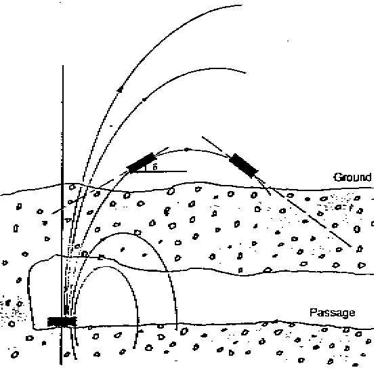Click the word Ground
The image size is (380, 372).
coord(353,178)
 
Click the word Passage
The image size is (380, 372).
coord(333,312)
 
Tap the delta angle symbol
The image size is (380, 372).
coord(155,167)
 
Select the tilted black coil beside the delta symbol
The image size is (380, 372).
coord(142,162)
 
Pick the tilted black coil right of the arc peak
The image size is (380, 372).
coord(244,165)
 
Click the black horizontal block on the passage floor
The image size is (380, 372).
coord(62,322)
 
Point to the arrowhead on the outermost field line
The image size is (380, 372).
coord(120,90)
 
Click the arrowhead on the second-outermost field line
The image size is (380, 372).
coord(144,100)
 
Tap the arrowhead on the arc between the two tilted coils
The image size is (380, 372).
coord(186,150)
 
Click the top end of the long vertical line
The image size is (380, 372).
coord(63,65)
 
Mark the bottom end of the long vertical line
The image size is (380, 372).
coord(61,365)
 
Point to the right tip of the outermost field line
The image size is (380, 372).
coord(242,5)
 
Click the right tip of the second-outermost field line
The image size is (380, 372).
coord(246,73)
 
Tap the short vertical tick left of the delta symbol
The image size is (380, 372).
coord(145,167)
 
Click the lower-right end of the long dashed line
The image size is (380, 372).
coord(352,247)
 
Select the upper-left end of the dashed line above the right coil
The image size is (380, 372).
coord(202,137)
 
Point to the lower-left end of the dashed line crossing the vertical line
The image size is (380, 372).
coord(52,213)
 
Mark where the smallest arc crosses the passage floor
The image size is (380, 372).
coord(138,325)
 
